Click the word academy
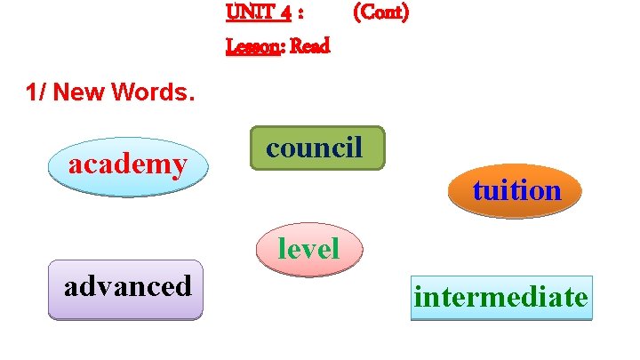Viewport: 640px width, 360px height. (x=128, y=164)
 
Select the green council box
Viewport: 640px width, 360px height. (x=316, y=148)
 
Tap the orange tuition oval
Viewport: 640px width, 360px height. (x=516, y=191)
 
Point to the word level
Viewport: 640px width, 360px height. (x=308, y=249)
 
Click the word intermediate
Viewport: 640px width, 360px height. (x=500, y=297)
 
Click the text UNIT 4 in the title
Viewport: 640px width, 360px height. (x=259, y=13)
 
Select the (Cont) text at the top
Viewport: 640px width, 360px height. (x=380, y=13)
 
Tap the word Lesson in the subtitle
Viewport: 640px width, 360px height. (x=253, y=46)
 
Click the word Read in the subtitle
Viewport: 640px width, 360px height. (x=309, y=46)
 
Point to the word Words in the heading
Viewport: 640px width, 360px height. (x=156, y=92)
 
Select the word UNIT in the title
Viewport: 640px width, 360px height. (x=249, y=13)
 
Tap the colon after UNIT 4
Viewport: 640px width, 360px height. (x=302, y=15)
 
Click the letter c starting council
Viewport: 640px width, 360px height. (x=274, y=148)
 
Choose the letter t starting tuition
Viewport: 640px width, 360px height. (x=478, y=191)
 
